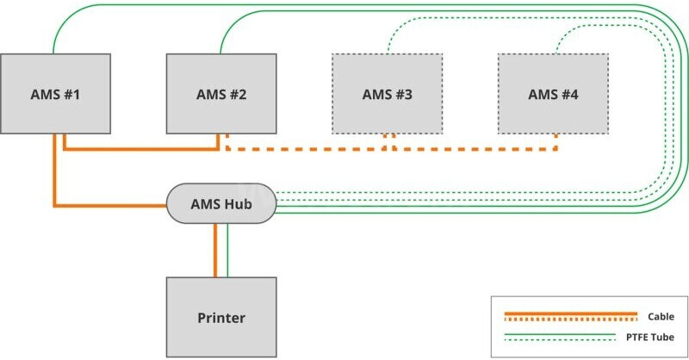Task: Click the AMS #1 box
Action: pos(56,93)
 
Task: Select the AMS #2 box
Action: pos(221,93)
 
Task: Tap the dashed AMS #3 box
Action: pos(387,93)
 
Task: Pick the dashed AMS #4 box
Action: pos(553,93)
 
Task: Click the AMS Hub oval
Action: pos(221,203)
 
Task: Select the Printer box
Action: pos(221,316)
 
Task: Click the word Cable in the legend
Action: pos(661,317)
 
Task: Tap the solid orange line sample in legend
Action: pos(570,313)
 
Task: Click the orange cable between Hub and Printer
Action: pos(214,250)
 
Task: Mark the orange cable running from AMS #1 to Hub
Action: pos(55,181)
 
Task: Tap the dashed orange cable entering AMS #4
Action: pos(556,142)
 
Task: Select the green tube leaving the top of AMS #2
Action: pos(222,39)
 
